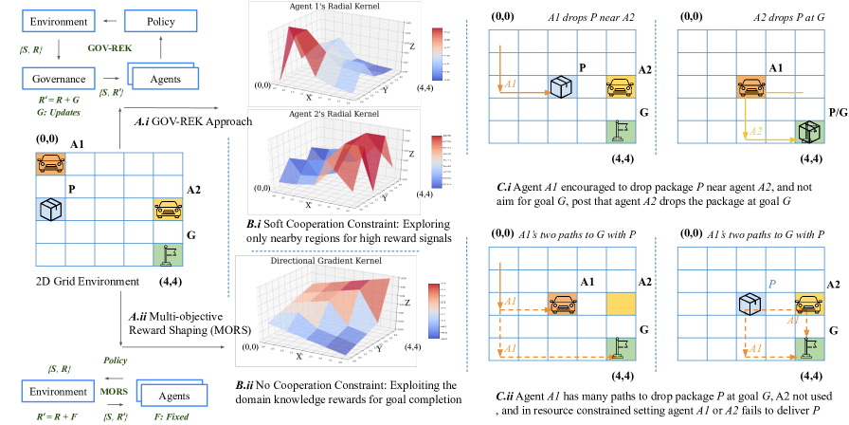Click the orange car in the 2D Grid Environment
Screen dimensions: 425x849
(x=49, y=163)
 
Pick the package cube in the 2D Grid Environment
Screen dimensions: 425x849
(x=49, y=209)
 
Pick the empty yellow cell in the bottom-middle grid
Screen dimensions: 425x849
(x=621, y=303)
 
